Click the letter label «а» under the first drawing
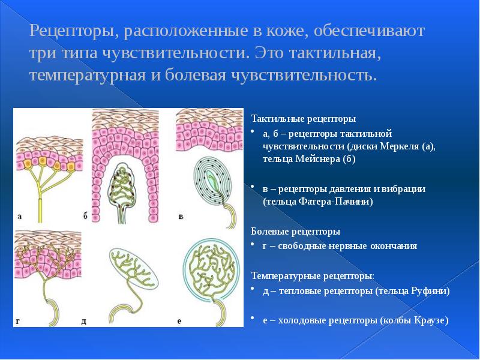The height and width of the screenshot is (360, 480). pos(20,217)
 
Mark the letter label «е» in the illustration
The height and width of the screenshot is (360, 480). pos(179,322)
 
